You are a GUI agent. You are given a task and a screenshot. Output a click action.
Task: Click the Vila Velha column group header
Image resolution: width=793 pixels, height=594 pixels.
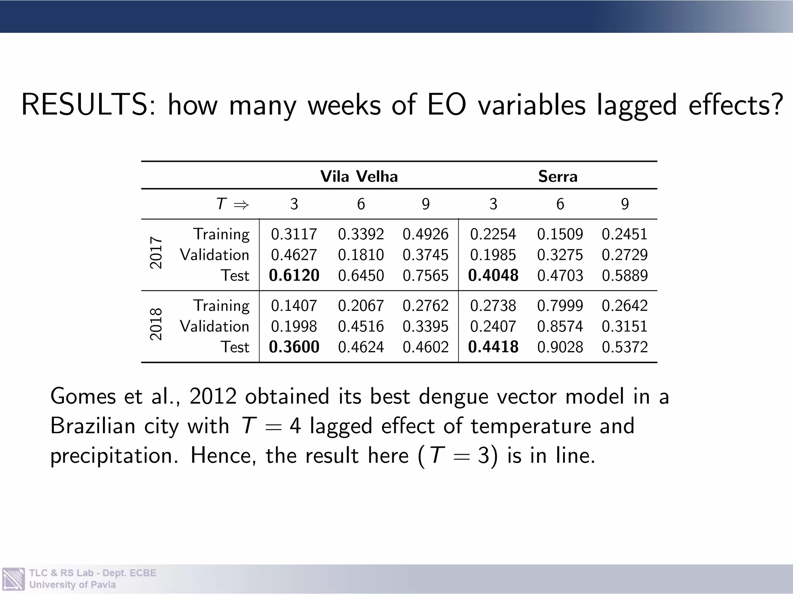[x=359, y=177]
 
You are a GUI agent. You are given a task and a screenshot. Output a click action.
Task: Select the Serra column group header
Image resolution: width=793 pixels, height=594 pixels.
[x=558, y=177]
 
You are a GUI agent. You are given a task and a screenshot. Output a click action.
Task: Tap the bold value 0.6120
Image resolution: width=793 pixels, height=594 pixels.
[x=294, y=275]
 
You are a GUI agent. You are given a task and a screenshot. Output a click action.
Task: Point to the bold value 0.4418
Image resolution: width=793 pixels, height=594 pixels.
[x=493, y=347]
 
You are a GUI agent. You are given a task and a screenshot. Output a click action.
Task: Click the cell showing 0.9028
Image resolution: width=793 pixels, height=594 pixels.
[x=560, y=347]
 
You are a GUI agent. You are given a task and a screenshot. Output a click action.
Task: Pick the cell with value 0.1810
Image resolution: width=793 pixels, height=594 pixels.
[x=360, y=255]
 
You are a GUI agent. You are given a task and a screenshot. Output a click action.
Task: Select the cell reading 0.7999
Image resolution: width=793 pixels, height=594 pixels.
[x=560, y=306]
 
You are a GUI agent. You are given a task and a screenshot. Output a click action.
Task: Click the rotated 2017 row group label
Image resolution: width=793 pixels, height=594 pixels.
[x=156, y=253]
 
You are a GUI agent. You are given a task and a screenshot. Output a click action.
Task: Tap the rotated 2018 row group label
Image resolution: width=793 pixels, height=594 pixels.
[x=156, y=324]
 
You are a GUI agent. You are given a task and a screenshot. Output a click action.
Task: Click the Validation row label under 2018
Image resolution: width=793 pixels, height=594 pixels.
[x=215, y=326]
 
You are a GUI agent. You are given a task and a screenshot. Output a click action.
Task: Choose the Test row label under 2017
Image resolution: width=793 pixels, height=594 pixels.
[x=235, y=275]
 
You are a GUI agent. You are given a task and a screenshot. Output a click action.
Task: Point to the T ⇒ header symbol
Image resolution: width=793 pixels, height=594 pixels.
[x=232, y=204]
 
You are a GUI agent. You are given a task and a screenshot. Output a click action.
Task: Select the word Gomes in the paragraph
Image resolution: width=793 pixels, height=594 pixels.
[x=83, y=396]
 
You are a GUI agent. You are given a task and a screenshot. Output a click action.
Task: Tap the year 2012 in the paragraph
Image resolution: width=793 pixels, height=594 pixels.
[x=213, y=396]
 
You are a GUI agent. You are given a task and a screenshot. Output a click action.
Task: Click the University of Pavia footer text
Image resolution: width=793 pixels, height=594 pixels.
[x=72, y=585]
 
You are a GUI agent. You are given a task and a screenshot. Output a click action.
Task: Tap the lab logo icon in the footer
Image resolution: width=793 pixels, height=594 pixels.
[x=14, y=579]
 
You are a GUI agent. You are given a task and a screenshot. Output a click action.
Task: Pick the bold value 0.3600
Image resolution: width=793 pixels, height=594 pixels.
[x=294, y=347]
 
